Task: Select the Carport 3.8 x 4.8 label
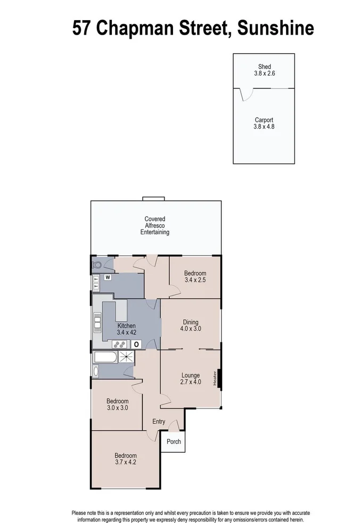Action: [x=264, y=124]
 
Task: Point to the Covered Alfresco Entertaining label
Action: [x=154, y=225]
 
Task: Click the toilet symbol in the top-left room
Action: [x=97, y=264]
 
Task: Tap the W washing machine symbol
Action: [x=108, y=277]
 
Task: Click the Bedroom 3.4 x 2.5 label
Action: [x=195, y=276]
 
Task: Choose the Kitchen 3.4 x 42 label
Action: [x=127, y=329]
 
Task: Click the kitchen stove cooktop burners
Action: [x=118, y=344]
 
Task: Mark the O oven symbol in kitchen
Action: [x=136, y=344]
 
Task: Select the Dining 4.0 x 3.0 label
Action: [x=190, y=325]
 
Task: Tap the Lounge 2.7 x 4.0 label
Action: [x=190, y=378]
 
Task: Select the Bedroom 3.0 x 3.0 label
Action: [x=117, y=404]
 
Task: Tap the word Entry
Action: [x=159, y=422]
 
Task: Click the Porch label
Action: [x=174, y=442]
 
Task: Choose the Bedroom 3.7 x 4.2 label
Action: [x=126, y=459]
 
